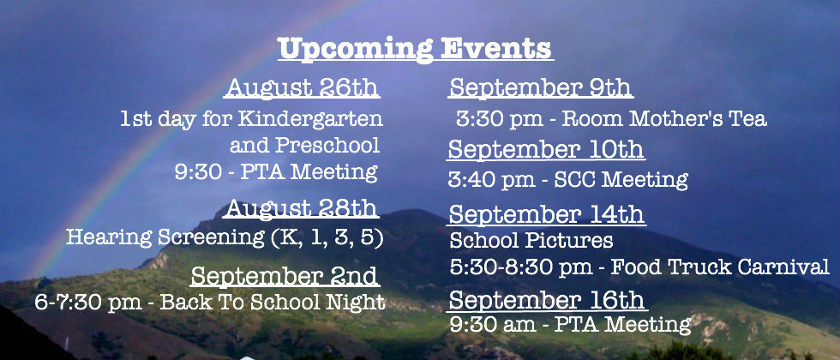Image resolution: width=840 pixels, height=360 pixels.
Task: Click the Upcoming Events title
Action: (416, 50)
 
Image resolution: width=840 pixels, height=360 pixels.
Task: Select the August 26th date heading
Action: (302, 87)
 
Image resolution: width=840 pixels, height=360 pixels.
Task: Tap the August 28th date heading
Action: (301, 208)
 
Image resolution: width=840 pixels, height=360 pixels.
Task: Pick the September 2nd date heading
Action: (285, 276)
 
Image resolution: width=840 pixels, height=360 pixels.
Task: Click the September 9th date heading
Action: (541, 87)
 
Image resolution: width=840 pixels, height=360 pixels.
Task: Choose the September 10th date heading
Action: (546, 149)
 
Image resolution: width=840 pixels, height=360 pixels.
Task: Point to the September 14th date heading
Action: (546, 215)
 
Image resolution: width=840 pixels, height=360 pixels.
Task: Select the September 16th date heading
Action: (547, 301)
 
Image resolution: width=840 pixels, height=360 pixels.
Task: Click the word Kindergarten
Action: (310, 119)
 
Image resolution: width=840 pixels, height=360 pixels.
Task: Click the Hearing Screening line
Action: (225, 237)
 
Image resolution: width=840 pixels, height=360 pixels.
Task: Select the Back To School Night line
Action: (209, 303)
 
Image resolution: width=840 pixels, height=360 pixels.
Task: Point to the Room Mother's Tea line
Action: (611, 119)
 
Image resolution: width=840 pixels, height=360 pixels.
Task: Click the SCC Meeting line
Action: (567, 180)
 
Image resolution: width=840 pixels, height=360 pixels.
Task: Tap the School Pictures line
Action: (531, 241)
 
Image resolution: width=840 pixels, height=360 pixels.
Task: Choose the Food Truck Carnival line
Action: (639, 267)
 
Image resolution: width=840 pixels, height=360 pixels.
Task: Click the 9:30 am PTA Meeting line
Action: (570, 325)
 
